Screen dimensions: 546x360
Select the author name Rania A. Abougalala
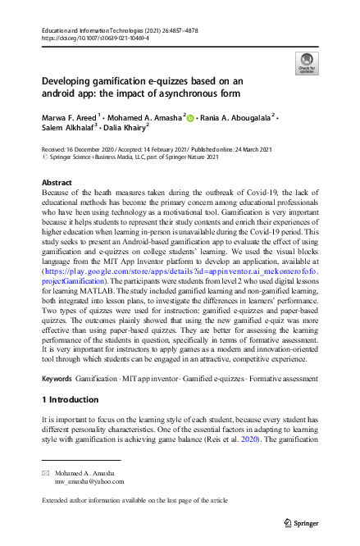click(x=236, y=117)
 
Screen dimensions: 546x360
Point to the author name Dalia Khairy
click(x=124, y=130)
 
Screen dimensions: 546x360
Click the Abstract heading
click(x=57, y=183)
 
